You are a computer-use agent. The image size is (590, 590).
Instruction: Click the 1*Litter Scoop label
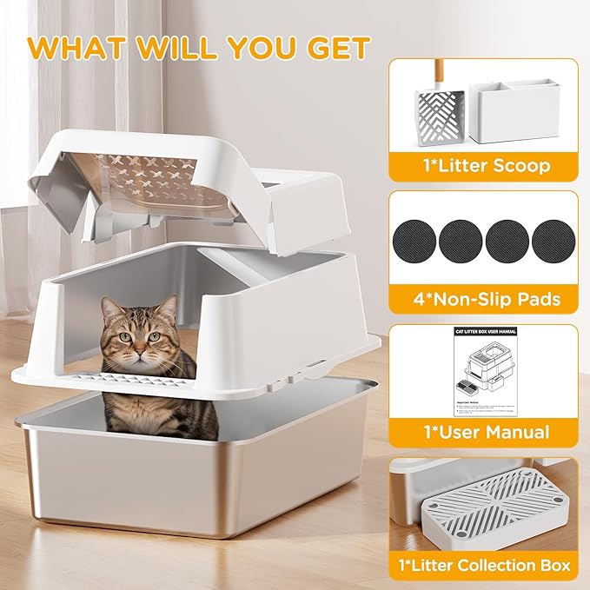(483, 165)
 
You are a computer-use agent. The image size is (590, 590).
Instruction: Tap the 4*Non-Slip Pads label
(483, 300)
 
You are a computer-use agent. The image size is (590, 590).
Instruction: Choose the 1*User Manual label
(483, 432)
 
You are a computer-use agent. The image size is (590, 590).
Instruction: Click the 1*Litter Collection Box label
(483, 566)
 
